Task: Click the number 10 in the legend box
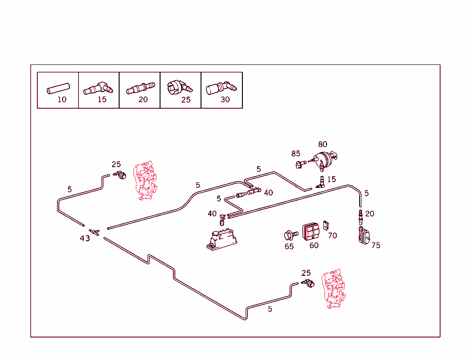62,99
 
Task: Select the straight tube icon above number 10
58,88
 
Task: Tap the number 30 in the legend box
225,99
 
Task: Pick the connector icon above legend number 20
141,88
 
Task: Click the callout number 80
322,145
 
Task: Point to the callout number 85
296,154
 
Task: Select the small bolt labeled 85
301,164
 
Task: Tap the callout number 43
85,238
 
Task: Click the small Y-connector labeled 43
94,232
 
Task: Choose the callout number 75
376,246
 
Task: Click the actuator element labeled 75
364,236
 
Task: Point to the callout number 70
332,236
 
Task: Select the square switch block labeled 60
311,231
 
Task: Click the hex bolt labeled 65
291,235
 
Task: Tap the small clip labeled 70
326,225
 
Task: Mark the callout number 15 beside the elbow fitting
331,180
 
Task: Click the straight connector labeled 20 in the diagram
361,217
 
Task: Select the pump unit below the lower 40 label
222,240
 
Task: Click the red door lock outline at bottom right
333,289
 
